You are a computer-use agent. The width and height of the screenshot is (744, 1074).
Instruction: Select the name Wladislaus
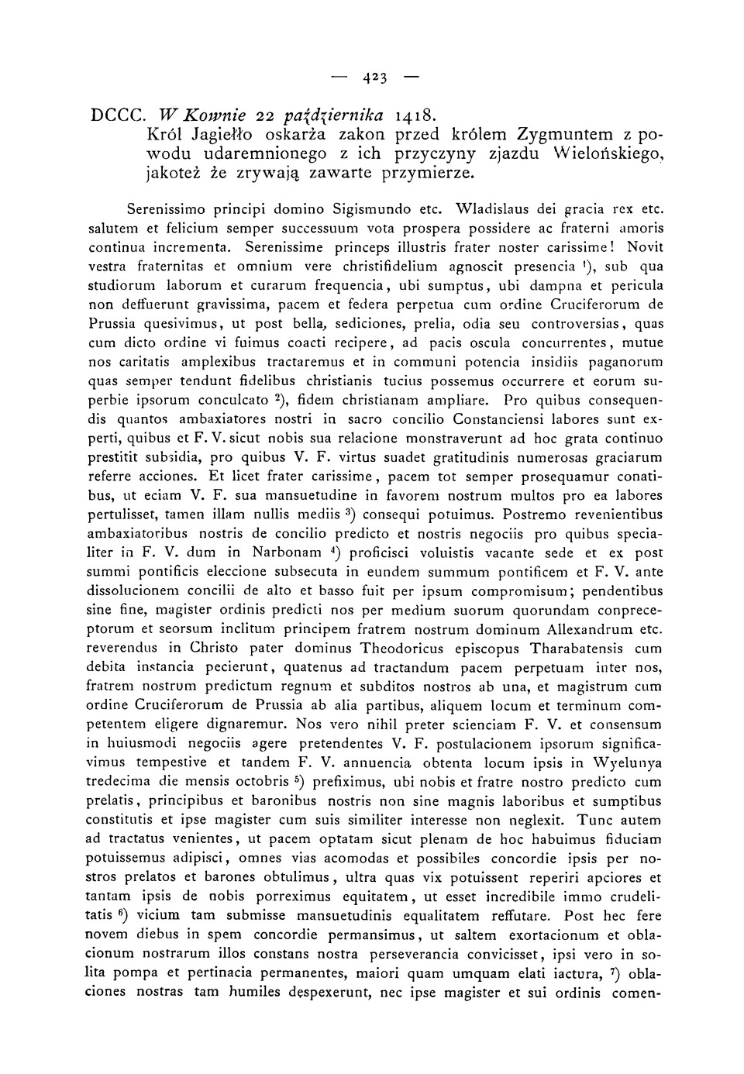click(494, 208)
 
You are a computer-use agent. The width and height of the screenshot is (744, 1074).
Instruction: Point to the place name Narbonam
click(287, 553)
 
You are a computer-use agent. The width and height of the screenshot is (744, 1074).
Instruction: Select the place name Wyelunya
click(627, 762)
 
